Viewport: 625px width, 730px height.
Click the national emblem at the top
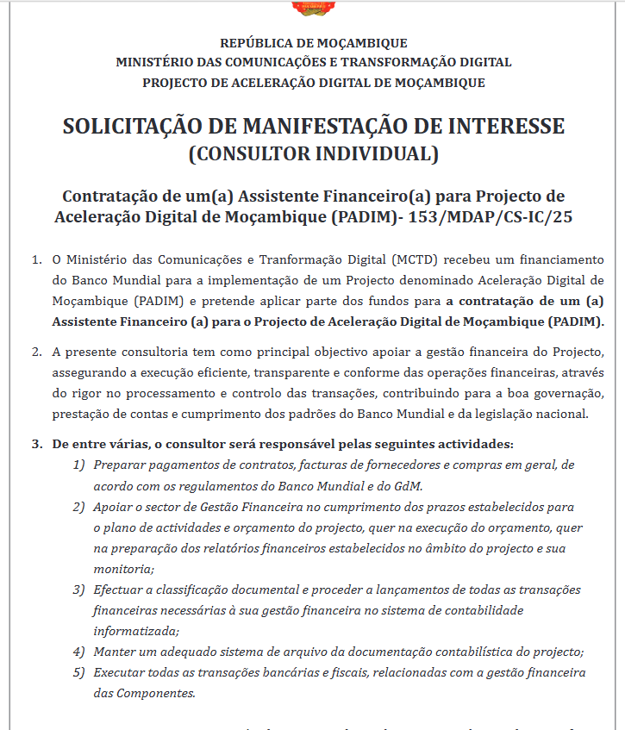pyautogui.click(x=313, y=7)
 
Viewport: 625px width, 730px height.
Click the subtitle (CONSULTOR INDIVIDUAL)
pyautogui.click(x=313, y=155)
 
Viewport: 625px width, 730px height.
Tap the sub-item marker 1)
pyautogui.click(x=78, y=465)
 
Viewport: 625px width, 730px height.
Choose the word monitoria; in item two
pyautogui.click(x=124, y=569)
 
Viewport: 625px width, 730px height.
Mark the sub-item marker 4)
pyautogui.click(x=78, y=652)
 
